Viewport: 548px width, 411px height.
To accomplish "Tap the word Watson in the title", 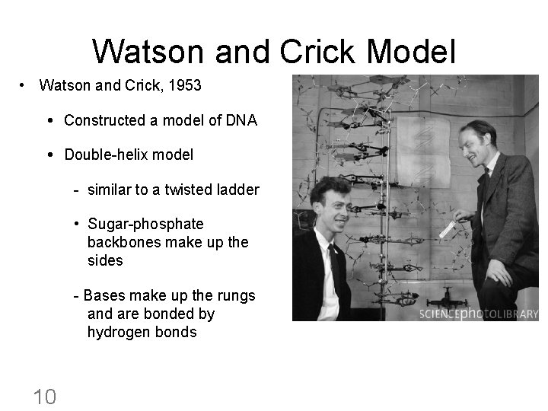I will click(x=149, y=52).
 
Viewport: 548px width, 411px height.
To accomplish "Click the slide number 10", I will click(x=44, y=396).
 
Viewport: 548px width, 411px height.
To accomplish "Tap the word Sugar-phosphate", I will click(x=145, y=224).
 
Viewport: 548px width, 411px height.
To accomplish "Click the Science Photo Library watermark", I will click(x=478, y=314).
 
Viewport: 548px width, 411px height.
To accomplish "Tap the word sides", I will click(x=105, y=260).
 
